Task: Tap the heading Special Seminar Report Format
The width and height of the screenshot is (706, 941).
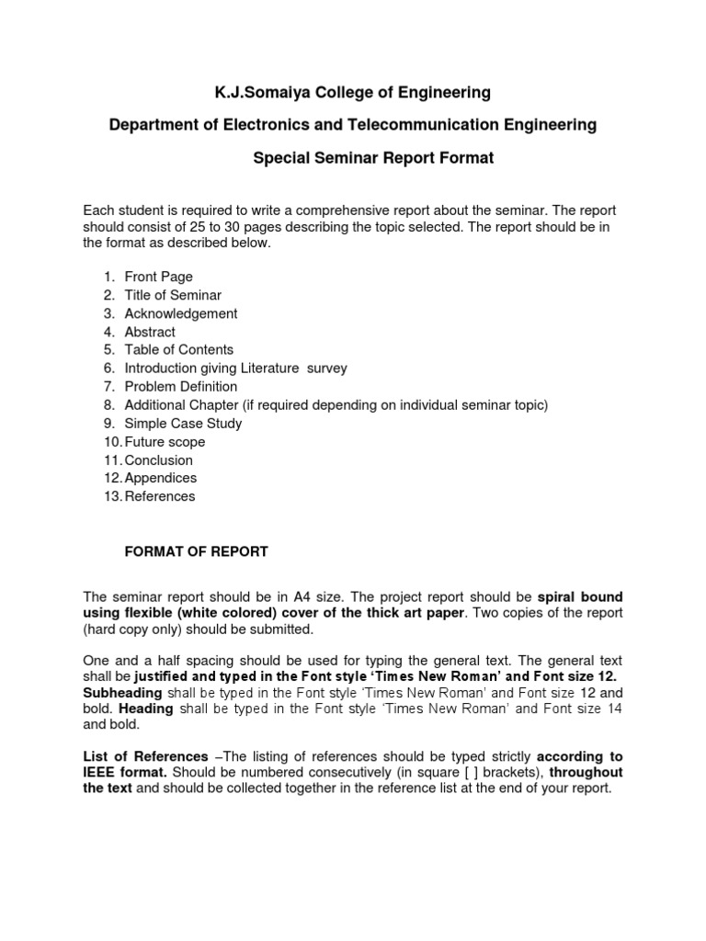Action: point(373,158)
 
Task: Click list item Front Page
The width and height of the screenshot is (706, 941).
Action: point(158,277)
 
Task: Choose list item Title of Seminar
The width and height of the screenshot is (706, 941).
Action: point(173,295)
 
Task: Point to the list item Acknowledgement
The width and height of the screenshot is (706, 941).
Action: point(181,313)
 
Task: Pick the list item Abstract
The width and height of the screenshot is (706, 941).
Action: point(150,332)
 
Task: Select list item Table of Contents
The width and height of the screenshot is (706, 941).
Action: point(179,349)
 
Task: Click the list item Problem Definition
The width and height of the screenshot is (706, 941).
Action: point(181,386)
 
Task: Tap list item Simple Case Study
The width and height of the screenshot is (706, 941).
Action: point(183,424)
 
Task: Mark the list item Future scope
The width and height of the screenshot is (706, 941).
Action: point(165,442)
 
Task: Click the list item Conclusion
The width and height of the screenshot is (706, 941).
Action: point(159,459)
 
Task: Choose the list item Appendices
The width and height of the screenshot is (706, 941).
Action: point(161,478)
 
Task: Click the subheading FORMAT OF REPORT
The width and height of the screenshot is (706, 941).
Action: point(196,552)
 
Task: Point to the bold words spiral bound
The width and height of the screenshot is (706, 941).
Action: point(580,595)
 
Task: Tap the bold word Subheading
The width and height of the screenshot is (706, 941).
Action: point(122,692)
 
